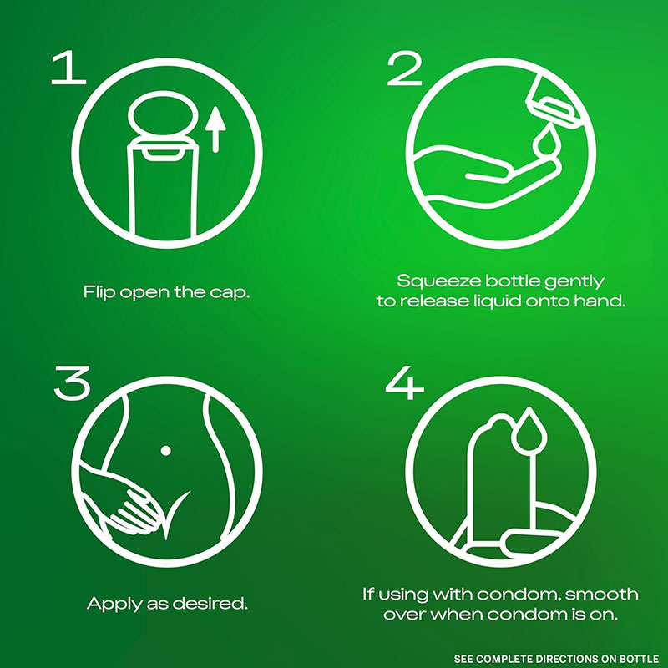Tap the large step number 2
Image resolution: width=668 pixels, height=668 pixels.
[405, 68]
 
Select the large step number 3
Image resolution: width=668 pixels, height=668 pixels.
[73, 382]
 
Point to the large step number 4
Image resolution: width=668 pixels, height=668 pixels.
[405, 382]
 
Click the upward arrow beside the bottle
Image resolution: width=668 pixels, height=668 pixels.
[215, 129]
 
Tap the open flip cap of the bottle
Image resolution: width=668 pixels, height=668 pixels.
[164, 114]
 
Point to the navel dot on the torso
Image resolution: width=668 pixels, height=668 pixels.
[165, 450]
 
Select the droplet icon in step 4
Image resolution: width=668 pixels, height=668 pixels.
[529, 430]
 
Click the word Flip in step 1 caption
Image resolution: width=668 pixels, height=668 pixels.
[99, 293]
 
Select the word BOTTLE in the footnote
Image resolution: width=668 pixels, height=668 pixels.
[640, 659]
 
